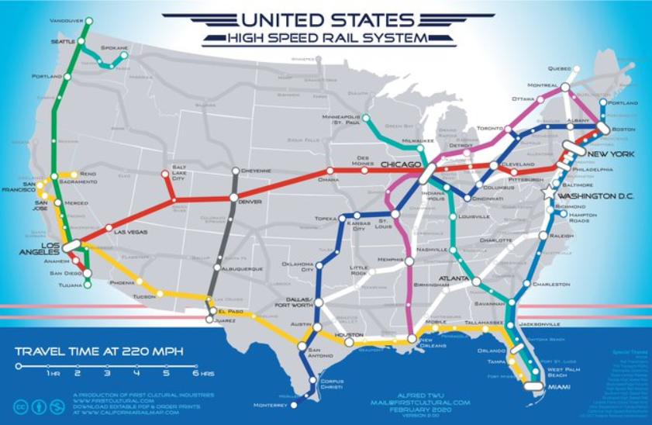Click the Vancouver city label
click(67, 19)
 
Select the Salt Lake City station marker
click(164, 174)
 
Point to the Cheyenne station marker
click(235, 171)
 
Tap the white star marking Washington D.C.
click(550, 192)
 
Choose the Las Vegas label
click(129, 232)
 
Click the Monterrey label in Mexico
click(270, 405)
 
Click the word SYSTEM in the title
click(398, 37)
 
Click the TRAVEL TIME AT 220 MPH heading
click(99, 351)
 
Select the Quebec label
click(559, 68)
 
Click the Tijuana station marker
click(88, 285)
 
